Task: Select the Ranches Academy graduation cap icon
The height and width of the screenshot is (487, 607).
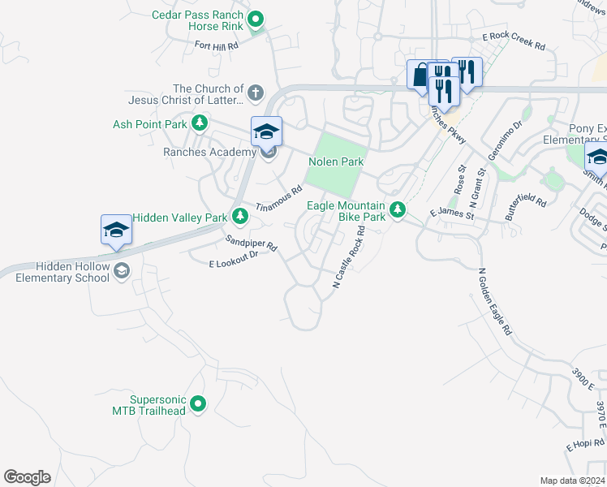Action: pyautogui.click(x=266, y=131)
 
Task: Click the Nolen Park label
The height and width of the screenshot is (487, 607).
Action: pyautogui.click(x=336, y=162)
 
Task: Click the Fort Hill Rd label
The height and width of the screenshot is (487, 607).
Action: pyautogui.click(x=217, y=46)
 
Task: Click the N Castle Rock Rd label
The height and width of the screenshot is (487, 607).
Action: pyautogui.click(x=350, y=257)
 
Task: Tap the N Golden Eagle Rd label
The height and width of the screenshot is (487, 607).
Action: pyautogui.click(x=495, y=302)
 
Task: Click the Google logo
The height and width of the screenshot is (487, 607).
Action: pyautogui.click(x=27, y=476)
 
